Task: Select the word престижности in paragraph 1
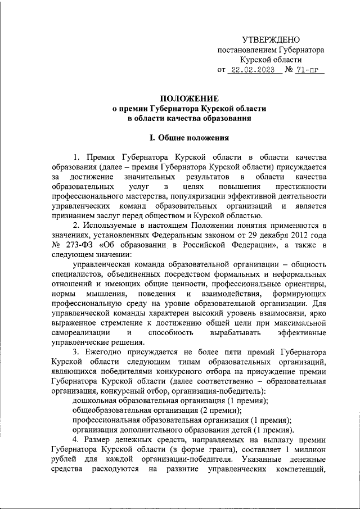pos(300,186)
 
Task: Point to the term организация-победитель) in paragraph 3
pos(224,391)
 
